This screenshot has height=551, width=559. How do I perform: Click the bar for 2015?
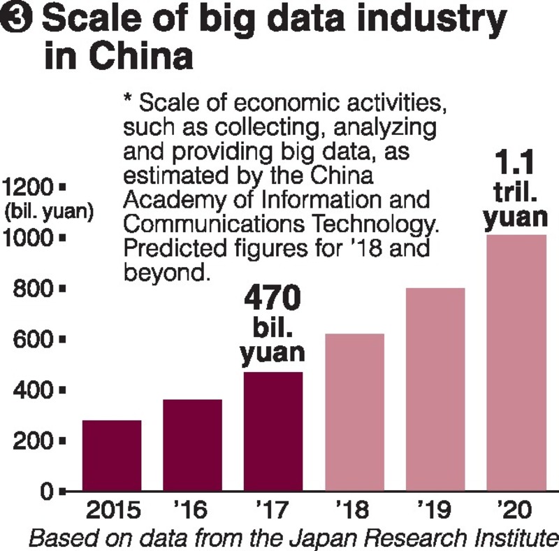click(112, 455)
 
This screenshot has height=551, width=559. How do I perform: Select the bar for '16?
click(192, 445)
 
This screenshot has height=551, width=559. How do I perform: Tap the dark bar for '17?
click(273, 431)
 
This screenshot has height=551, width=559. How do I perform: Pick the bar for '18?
click(354, 412)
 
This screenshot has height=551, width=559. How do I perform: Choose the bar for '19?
click(435, 389)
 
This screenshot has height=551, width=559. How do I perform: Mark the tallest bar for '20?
click(516, 363)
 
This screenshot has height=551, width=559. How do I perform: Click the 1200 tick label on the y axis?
click(29, 187)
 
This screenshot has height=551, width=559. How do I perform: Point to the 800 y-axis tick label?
click(35, 289)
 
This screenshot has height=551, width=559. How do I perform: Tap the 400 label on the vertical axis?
click(35, 390)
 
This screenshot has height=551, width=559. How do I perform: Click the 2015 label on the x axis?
click(112, 510)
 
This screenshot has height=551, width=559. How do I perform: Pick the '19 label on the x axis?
click(435, 510)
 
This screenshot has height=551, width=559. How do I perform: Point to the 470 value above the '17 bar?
click(273, 299)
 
